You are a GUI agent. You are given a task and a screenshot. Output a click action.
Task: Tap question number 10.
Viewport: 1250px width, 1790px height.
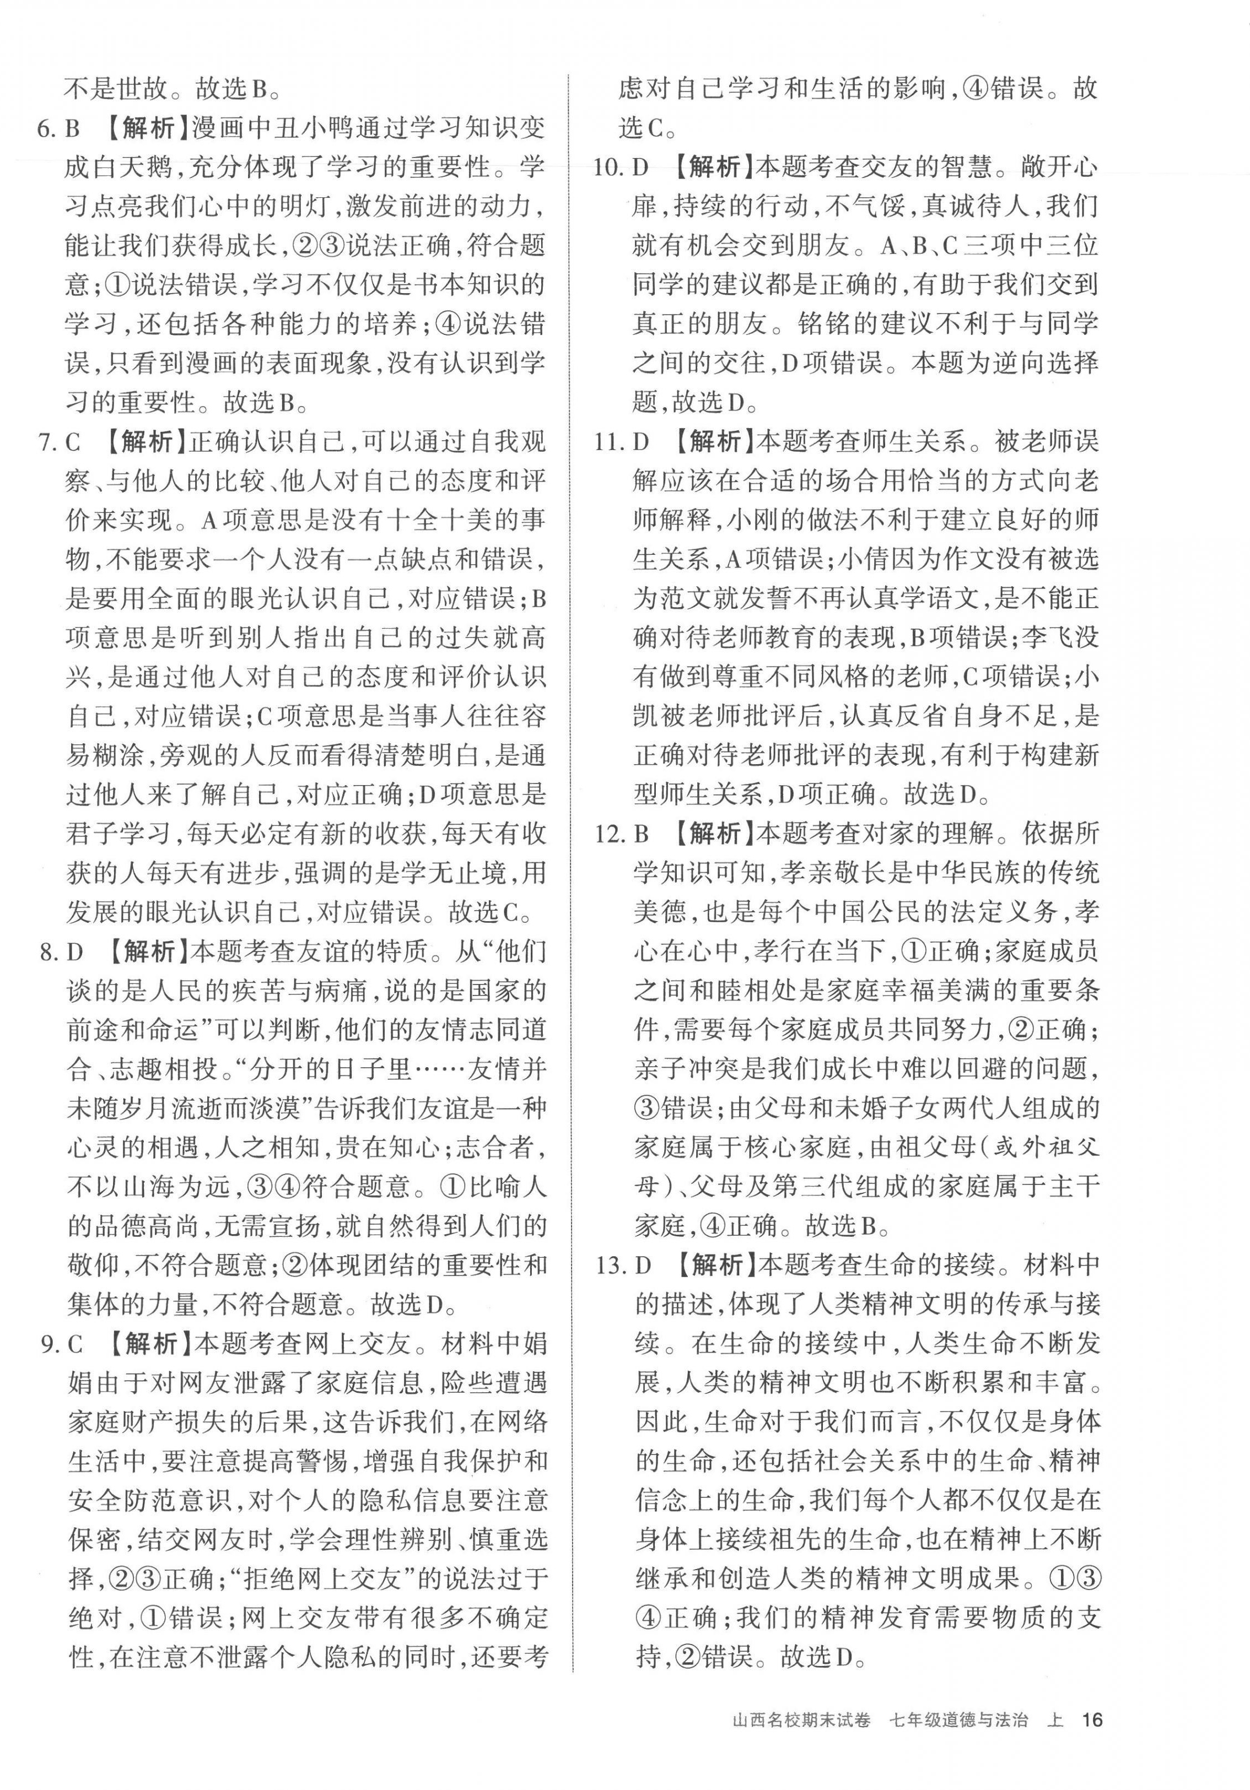tap(608, 167)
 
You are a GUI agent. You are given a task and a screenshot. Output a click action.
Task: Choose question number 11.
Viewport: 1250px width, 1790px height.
tap(608, 443)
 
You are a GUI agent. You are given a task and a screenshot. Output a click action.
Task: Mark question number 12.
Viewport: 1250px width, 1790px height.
tap(608, 834)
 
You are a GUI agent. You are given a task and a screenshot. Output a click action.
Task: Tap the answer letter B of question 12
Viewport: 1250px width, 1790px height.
tap(642, 834)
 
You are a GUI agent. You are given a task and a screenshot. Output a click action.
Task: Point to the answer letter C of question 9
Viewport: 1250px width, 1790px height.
tap(76, 1344)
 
